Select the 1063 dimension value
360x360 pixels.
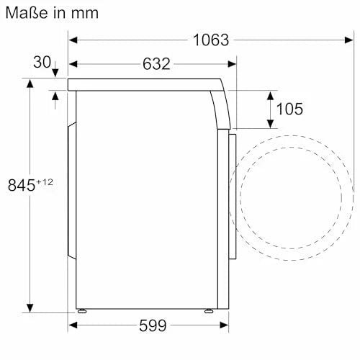211,40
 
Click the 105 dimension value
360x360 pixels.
289,109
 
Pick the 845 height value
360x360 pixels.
22,185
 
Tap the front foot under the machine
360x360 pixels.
208,311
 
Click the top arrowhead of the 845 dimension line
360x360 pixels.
30,84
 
